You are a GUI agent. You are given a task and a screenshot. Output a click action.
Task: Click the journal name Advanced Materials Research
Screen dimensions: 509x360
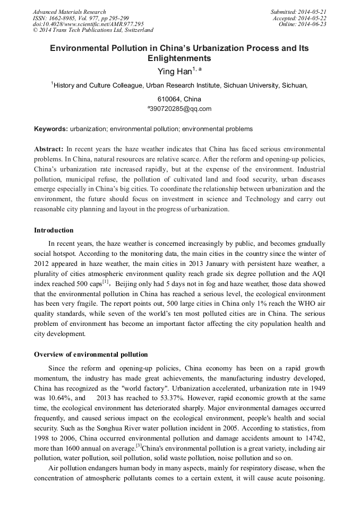coord(69,12)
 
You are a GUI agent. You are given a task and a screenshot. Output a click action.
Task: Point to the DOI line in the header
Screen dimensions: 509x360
coord(88,24)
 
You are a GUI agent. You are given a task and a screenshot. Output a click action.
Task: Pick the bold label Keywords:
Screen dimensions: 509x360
coord(51,129)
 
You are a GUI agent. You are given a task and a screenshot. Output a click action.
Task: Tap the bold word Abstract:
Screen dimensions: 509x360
coord(49,150)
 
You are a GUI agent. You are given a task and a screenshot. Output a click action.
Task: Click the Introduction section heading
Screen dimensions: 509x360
coord(54,230)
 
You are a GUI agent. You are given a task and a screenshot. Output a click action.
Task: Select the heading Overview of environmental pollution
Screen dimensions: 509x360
coord(91,355)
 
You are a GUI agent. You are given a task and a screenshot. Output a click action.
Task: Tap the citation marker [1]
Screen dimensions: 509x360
coord(105,281)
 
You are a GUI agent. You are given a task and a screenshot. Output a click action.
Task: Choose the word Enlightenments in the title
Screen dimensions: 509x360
coord(179,58)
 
